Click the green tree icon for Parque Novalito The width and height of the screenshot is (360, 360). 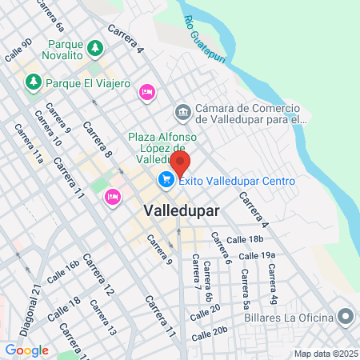pos(95,48)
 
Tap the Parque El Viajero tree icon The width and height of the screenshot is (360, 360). pos(33,81)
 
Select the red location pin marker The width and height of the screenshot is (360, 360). pos(180,164)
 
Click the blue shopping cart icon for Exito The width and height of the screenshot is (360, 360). pos(166,181)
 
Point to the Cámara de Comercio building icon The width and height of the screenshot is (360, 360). pos(182,113)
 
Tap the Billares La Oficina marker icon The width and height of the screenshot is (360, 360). pos(346,318)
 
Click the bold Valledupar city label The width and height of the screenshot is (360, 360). pos(180,210)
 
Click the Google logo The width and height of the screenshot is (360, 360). pos(26,350)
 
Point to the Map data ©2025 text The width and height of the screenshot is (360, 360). pos(324,354)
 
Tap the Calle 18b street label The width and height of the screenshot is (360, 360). pos(245,239)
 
